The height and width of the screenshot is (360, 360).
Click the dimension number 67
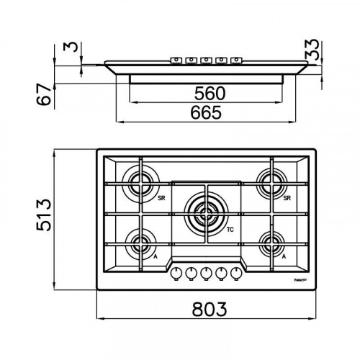[x=45, y=94]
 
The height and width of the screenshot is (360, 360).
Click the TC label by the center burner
[x=230, y=230]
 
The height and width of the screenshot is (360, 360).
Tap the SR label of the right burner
[x=287, y=198]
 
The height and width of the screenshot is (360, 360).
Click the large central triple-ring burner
[x=203, y=212]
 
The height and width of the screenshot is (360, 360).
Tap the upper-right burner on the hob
[x=274, y=181]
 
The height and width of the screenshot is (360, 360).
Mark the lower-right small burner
[x=274, y=242]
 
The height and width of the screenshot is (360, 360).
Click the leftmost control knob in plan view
[x=174, y=272]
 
